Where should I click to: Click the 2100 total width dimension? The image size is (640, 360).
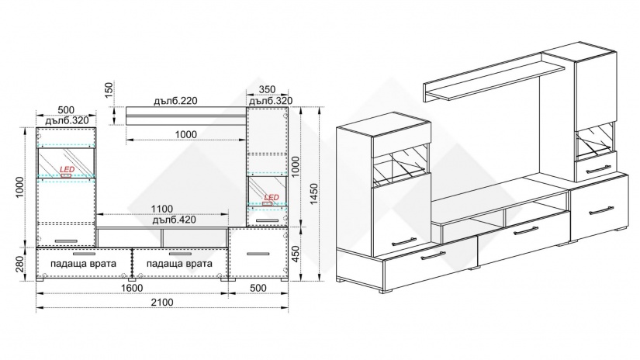(x=162, y=303)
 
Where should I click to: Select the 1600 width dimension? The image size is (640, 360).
(x=132, y=288)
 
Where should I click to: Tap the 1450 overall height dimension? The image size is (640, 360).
(x=313, y=194)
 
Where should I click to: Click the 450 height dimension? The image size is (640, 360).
(x=296, y=254)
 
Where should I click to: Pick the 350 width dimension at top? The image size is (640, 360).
(x=268, y=89)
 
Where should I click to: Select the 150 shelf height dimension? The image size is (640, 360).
(x=109, y=90)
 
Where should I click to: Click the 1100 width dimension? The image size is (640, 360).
(x=162, y=209)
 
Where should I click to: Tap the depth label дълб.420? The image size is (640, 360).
(x=175, y=220)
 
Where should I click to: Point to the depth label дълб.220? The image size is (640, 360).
(x=175, y=100)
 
